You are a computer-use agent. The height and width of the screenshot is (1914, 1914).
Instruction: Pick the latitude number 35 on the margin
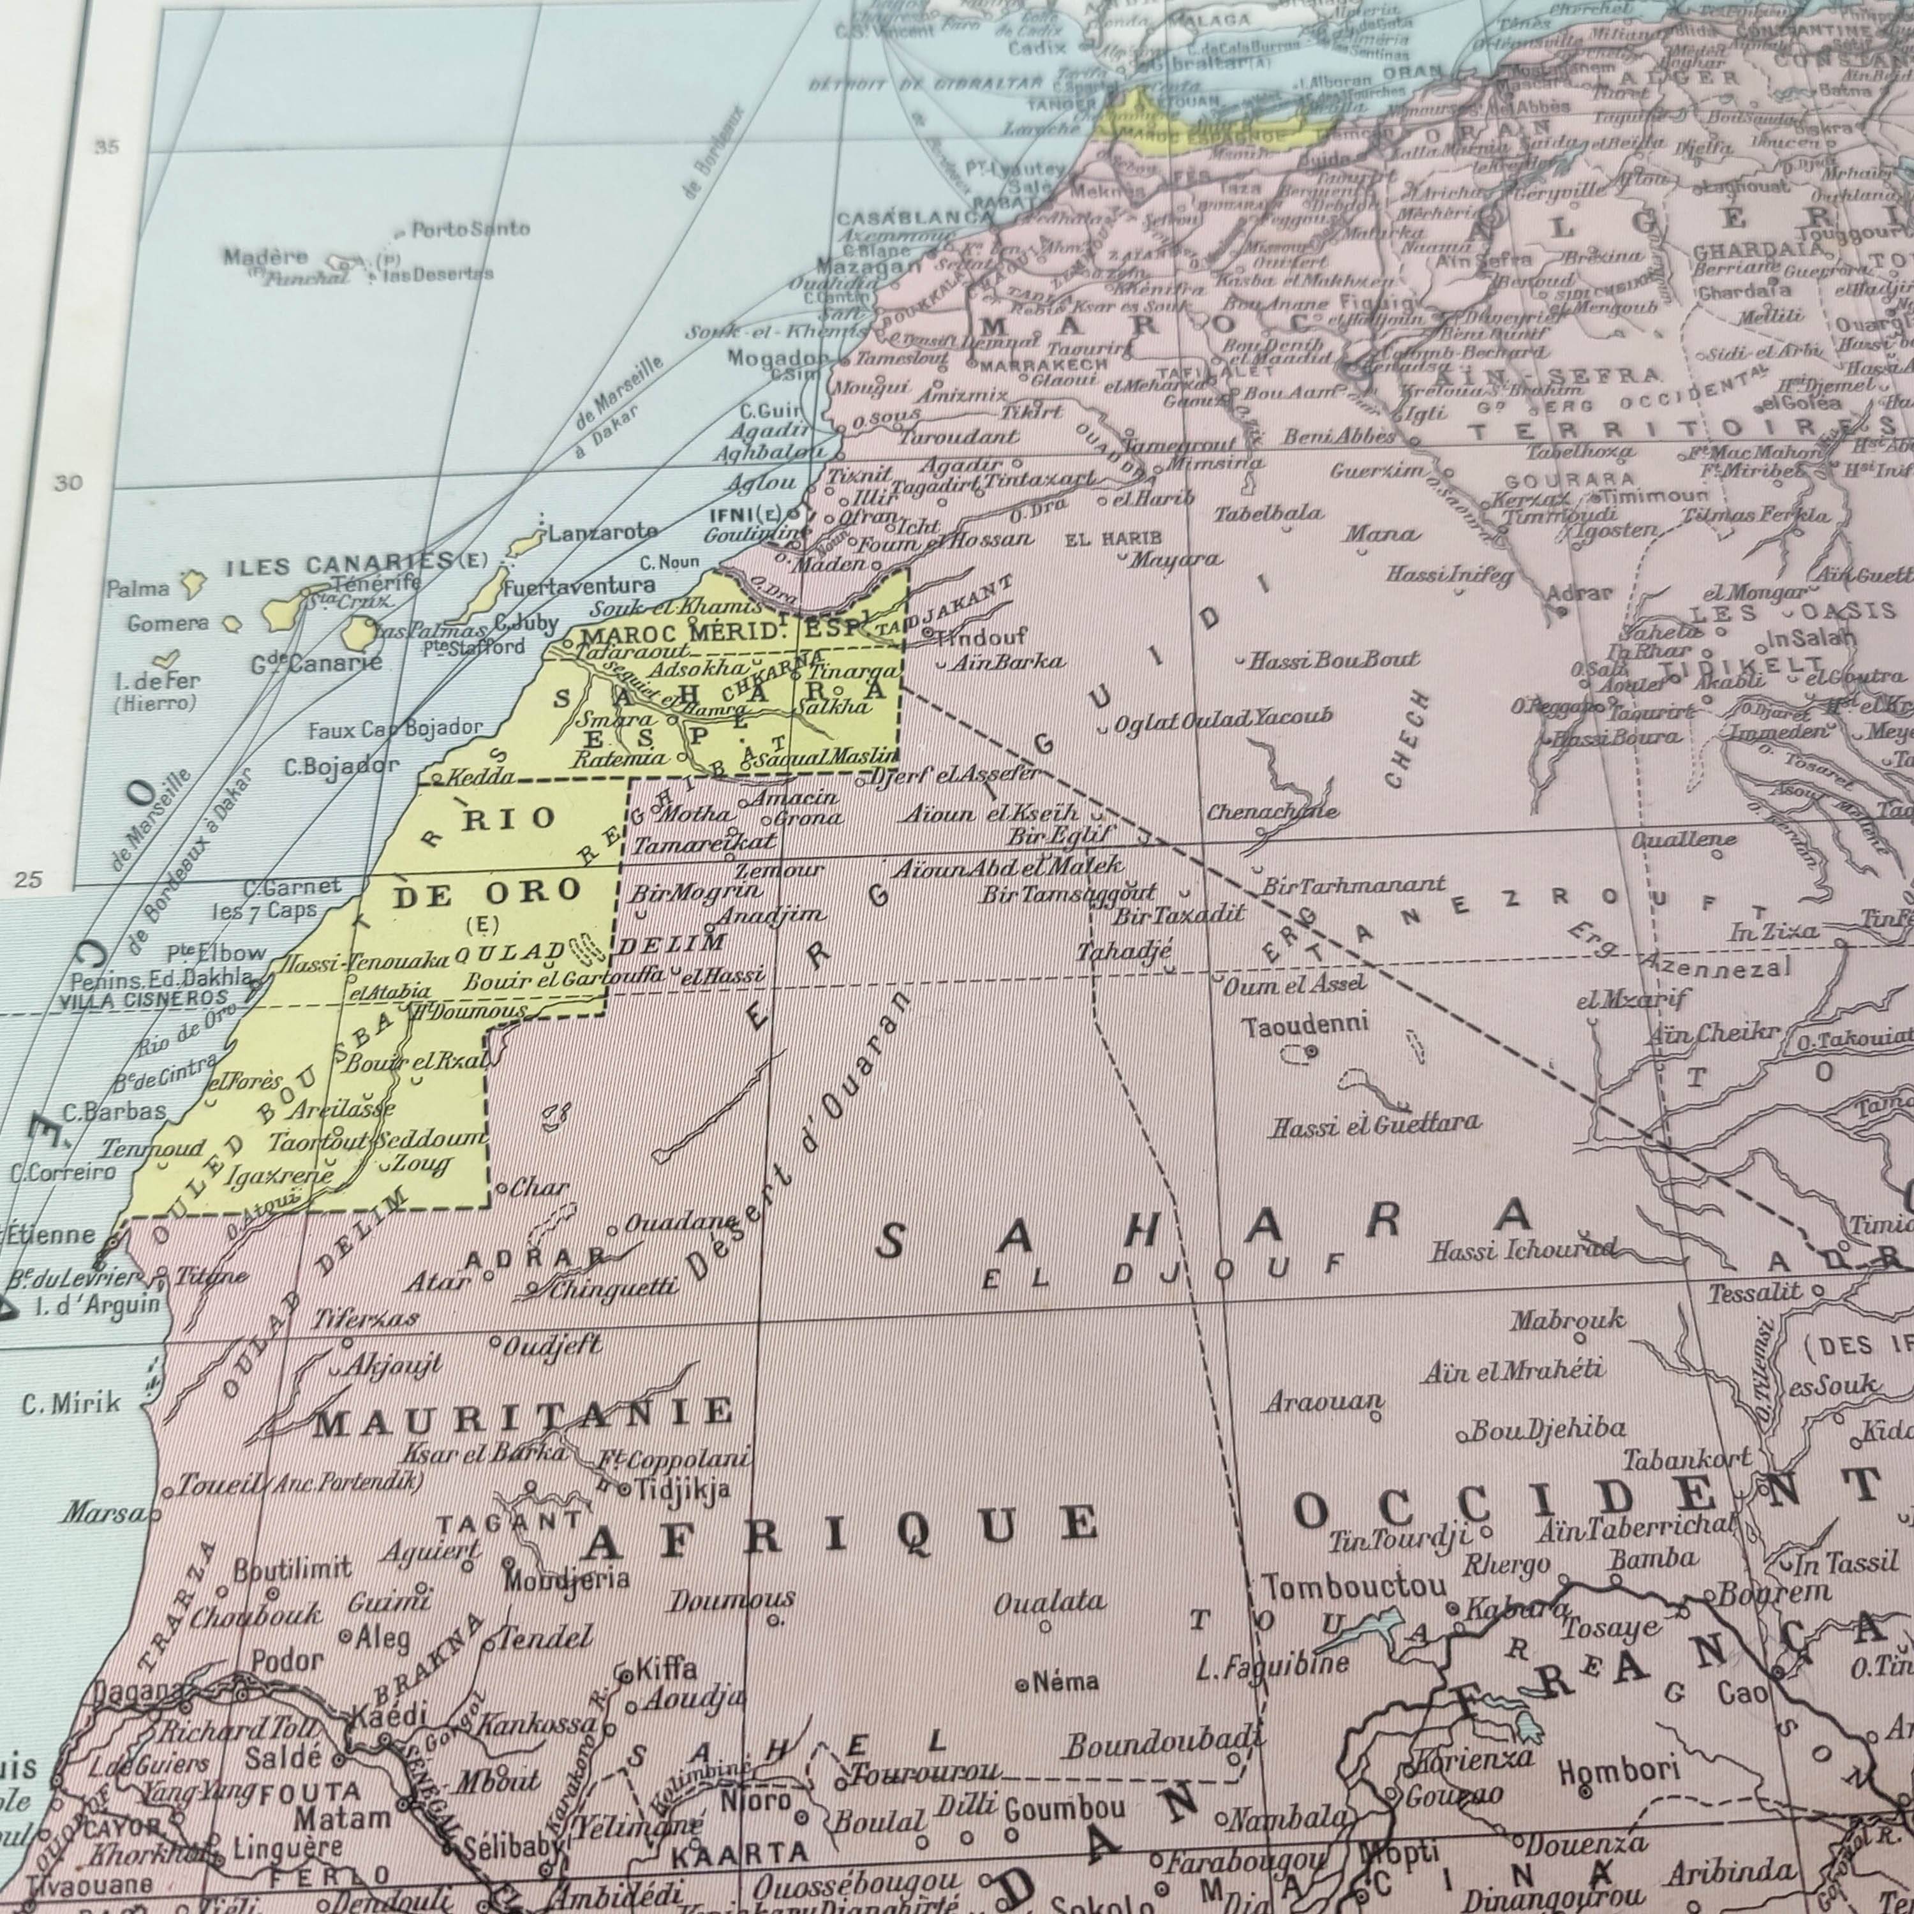click(x=107, y=147)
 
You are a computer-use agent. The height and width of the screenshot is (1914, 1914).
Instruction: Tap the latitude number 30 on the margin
click(x=70, y=484)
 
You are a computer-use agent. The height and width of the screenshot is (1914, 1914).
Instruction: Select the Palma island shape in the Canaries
click(x=192, y=584)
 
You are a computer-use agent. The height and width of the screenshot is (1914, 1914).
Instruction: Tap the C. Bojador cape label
click(x=341, y=766)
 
